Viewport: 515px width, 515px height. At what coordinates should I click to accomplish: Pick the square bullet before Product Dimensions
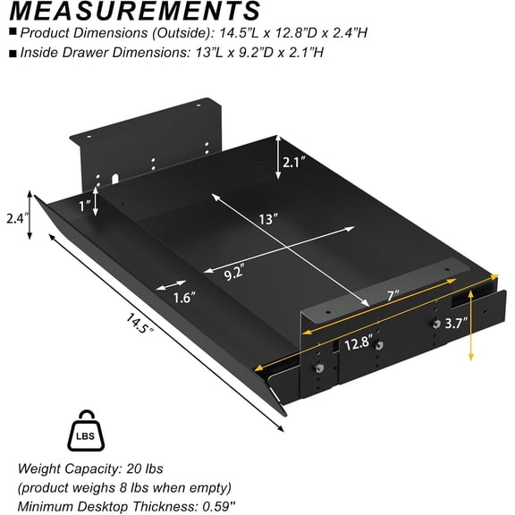(x=11, y=34)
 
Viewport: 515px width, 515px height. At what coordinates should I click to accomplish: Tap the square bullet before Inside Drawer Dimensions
(x=11, y=53)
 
